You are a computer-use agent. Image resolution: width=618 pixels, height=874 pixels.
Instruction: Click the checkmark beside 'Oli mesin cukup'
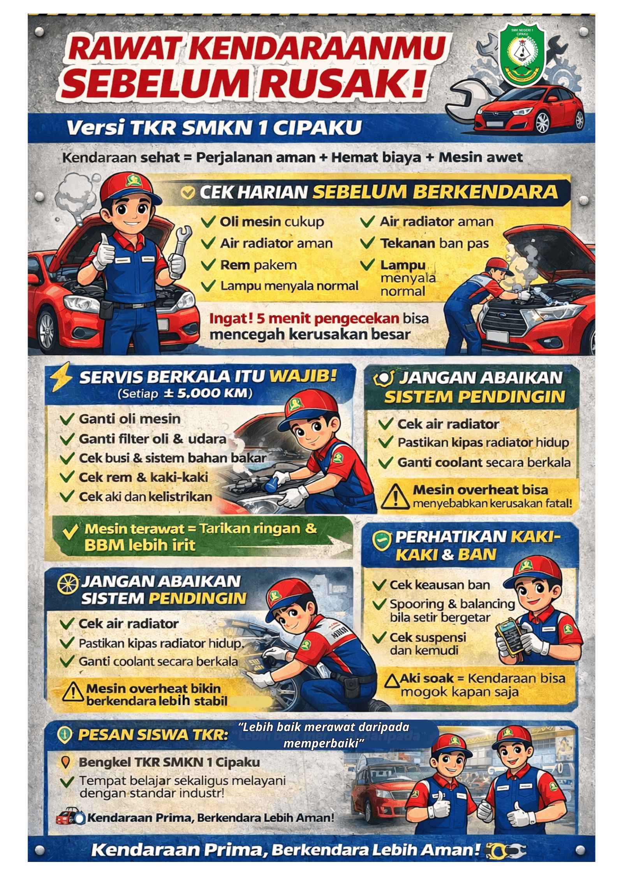click(209, 222)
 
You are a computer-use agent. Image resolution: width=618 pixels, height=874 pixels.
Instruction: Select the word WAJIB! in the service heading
click(302, 377)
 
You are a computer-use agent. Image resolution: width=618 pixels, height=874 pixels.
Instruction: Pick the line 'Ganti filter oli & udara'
click(152, 439)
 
